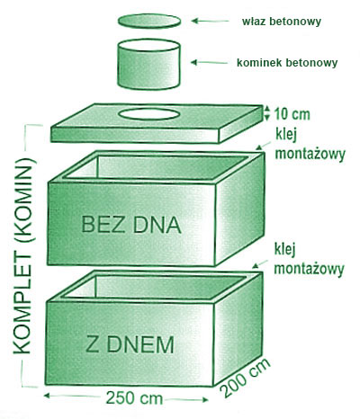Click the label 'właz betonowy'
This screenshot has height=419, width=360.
(x=282, y=22)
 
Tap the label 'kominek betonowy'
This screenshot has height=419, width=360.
(x=287, y=63)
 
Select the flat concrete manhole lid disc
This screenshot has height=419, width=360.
(x=149, y=21)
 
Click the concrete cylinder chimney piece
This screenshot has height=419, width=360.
(x=148, y=64)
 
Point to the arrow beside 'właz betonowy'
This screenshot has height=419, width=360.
(x=210, y=21)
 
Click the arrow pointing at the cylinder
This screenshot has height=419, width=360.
(x=209, y=63)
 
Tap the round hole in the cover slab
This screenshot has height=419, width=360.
(x=148, y=114)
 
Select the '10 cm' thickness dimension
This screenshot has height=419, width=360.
(x=292, y=114)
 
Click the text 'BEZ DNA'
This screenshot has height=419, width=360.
(x=131, y=225)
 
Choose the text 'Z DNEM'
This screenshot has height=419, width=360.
(x=130, y=345)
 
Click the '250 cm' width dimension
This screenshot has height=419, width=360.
(x=134, y=398)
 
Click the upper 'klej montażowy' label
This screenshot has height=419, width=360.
(x=310, y=147)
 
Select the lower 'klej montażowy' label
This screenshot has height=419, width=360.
(x=309, y=259)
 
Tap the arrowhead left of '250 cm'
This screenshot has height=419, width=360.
(x=47, y=396)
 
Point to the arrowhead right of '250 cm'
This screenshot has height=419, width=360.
(x=204, y=399)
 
